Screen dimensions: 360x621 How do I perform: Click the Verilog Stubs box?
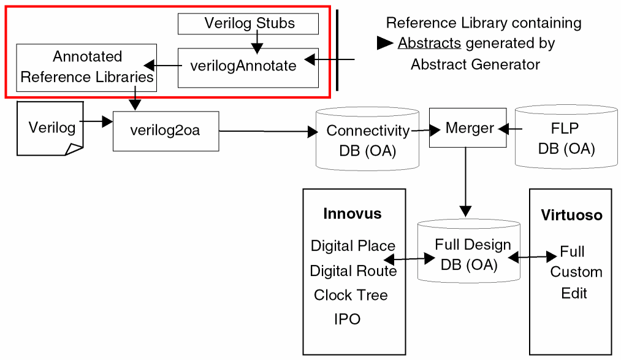tap(248, 24)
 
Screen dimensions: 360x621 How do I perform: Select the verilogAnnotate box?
tap(248, 67)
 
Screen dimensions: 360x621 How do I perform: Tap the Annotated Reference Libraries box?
tap(86, 67)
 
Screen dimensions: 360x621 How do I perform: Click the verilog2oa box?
tap(166, 131)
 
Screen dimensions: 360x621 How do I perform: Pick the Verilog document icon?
tap(50, 128)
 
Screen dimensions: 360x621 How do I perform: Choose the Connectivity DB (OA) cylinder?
tap(367, 139)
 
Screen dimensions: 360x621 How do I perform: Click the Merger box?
tap(468, 128)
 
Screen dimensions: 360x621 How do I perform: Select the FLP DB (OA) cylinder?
tap(565, 139)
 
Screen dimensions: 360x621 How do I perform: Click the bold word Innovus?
tap(352, 214)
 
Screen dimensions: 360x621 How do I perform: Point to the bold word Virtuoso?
tap(571, 215)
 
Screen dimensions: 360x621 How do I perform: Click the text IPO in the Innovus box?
tap(347, 320)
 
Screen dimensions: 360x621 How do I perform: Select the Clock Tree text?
tap(351, 295)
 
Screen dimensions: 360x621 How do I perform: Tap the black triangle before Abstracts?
tap(385, 44)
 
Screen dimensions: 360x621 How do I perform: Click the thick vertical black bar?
tap(337, 50)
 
